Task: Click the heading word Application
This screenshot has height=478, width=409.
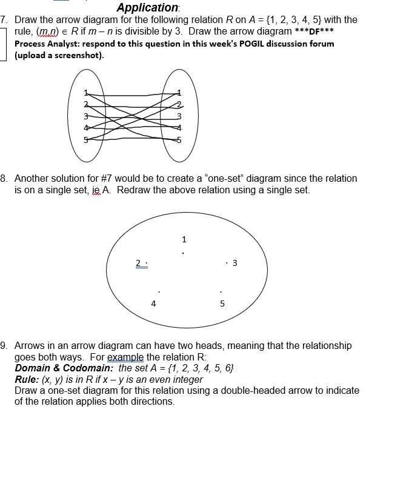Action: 147,8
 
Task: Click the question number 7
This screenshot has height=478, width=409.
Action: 4,19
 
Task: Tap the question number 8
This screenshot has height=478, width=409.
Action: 4,179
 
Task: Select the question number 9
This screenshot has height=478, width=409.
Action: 4,346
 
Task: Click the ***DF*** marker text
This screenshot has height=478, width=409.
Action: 314,32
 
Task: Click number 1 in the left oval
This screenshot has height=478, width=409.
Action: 86,93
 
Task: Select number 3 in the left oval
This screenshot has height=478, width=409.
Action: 86,116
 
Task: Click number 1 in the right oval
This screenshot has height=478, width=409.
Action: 179,93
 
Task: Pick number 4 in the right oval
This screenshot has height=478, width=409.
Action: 179,128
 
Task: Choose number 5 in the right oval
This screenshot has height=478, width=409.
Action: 179,140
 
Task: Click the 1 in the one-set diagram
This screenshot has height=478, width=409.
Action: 184,240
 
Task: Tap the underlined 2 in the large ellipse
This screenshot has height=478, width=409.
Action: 139,263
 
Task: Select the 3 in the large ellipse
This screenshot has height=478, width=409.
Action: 234,263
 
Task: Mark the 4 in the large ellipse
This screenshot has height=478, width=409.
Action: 153,304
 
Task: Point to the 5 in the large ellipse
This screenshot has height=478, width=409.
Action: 222,304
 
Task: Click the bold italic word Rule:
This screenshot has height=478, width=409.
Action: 27,379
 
